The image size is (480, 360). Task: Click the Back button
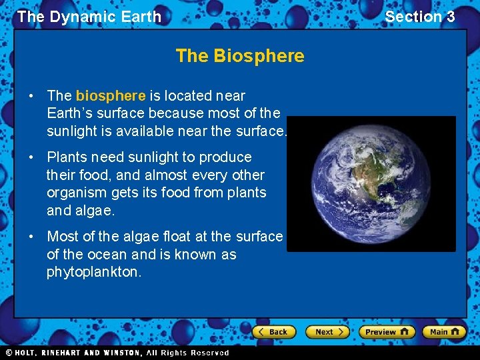(274, 331)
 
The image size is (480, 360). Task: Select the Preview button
(386, 331)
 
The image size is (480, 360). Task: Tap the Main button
(443, 331)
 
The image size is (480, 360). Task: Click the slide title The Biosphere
(240, 56)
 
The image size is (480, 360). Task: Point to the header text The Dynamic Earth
(89, 17)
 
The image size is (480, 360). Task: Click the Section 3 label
(419, 17)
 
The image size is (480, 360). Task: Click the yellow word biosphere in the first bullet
(110, 96)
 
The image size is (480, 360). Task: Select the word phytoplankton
(94, 272)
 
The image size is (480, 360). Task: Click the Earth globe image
(371, 184)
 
